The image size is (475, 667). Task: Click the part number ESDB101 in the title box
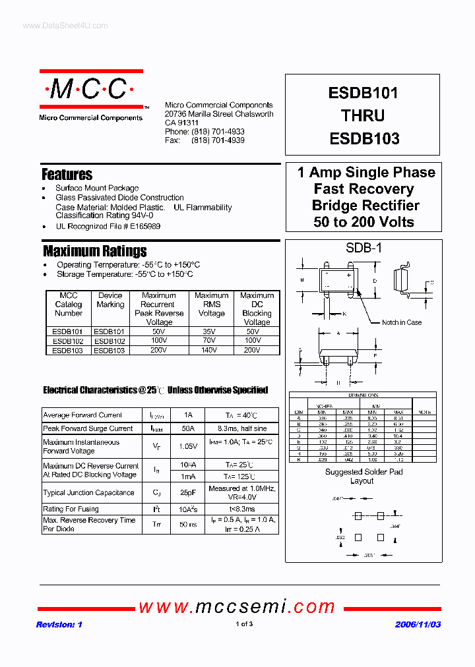point(363,93)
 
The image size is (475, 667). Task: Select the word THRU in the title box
point(363,116)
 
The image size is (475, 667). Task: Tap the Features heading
point(67,175)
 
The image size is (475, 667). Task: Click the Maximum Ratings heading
point(94,251)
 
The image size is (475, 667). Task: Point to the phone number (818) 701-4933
point(218,132)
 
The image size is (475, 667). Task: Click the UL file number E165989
point(140,226)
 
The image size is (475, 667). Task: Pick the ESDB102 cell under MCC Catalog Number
point(68,341)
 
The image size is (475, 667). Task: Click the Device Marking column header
point(110,300)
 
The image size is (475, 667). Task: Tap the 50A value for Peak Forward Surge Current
point(188,428)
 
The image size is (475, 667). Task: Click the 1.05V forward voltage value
point(188,446)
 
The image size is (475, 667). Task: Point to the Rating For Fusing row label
point(71,509)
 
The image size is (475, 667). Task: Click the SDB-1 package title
point(364,248)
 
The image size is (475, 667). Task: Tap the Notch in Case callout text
point(402,322)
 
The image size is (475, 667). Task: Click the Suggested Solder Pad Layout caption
point(364,477)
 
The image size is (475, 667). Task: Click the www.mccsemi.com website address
point(238,606)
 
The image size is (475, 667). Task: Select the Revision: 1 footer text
point(59,624)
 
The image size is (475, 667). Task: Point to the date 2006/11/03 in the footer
point(418,624)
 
